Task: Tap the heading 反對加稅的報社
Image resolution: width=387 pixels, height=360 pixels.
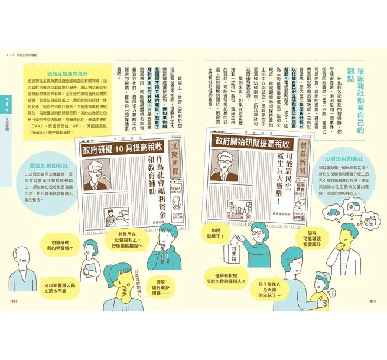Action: coord(340,160)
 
